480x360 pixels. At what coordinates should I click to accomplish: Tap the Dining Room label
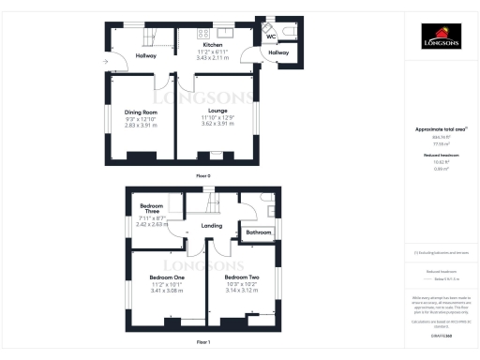click(141, 112)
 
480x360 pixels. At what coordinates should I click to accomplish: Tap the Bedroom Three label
click(152, 209)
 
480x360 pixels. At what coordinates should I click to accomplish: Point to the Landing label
click(211, 226)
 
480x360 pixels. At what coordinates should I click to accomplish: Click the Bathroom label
click(258, 232)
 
